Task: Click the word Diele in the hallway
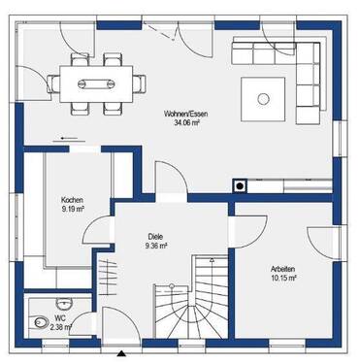pos(154,236)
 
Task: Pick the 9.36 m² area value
pos(154,246)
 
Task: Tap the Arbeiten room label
pos(283,267)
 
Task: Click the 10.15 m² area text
pos(283,277)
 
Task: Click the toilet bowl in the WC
pos(40,322)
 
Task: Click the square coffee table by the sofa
pos(263,95)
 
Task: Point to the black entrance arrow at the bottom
pos(120,352)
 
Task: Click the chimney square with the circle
pos(239,185)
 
